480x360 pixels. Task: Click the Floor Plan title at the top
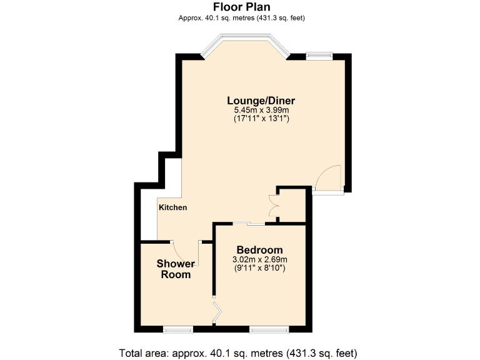[241, 7]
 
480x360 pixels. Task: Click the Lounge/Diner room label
[261, 100]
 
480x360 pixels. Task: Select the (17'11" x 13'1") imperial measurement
[261, 118]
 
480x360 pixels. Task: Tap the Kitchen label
[172, 207]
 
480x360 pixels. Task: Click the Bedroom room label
[259, 250]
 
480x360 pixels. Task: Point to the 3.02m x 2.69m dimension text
[259, 259]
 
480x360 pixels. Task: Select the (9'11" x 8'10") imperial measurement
[259, 268]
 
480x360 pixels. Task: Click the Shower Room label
[175, 269]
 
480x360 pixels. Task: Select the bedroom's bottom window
[269, 328]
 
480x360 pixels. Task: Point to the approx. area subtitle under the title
[241, 18]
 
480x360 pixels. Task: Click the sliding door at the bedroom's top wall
[251, 223]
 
